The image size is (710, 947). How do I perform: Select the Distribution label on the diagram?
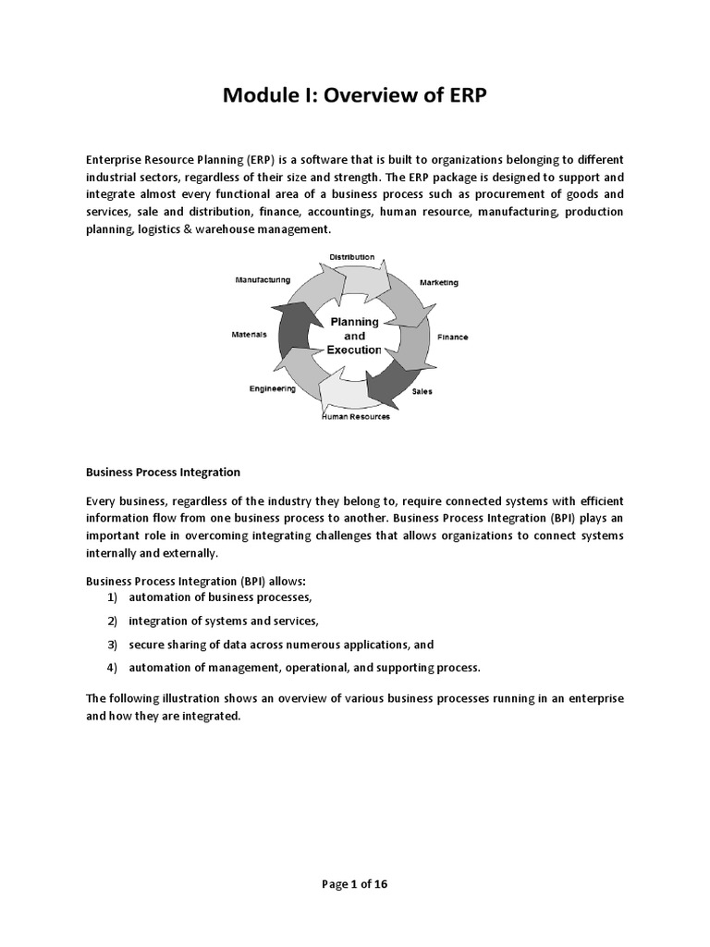pyautogui.click(x=352, y=256)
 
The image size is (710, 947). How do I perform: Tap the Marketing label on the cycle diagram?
pyautogui.click(x=438, y=282)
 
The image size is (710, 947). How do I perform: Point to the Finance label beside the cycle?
pyautogui.click(x=452, y=338)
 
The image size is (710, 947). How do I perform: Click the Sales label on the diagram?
pyautogui.click(x=422, y=391)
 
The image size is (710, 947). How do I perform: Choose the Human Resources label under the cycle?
pyautogui.click(x=355, y=417)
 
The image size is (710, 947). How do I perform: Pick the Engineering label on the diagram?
pyautogui.click(x=273, y=388)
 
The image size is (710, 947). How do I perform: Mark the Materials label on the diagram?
pyautogui.click(x=249, y=335)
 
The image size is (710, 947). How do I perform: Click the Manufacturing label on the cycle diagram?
pyautogui.click(x=263, y=279)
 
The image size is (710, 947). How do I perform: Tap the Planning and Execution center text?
pyautogui.click(x=354, y=336)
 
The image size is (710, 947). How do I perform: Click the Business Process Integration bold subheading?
pyautogui.click(x=163, y=472)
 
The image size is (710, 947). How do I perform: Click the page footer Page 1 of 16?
pyautogui.click(x=355, y=884)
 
